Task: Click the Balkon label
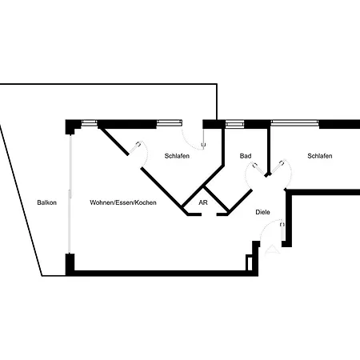[47, 202]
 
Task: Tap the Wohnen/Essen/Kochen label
[123, 202]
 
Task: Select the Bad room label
[246, 156]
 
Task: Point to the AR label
[203, 202]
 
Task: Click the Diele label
[262, 212]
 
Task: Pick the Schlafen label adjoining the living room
[177, 156]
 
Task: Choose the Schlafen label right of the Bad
[320, 156]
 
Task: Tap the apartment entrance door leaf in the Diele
[282, 231]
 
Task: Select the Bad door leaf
[259, 169]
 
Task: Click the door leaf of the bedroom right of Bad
[277, 167]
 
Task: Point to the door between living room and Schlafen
[134, 148]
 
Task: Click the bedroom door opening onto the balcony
[203, 138]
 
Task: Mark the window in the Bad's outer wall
[234, 124]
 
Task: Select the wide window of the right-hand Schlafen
[294, 123]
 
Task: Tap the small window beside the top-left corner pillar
[89, 123]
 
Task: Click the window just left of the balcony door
[170, 123]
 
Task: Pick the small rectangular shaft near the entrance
[249, 262]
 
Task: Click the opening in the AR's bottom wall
[209, 214]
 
